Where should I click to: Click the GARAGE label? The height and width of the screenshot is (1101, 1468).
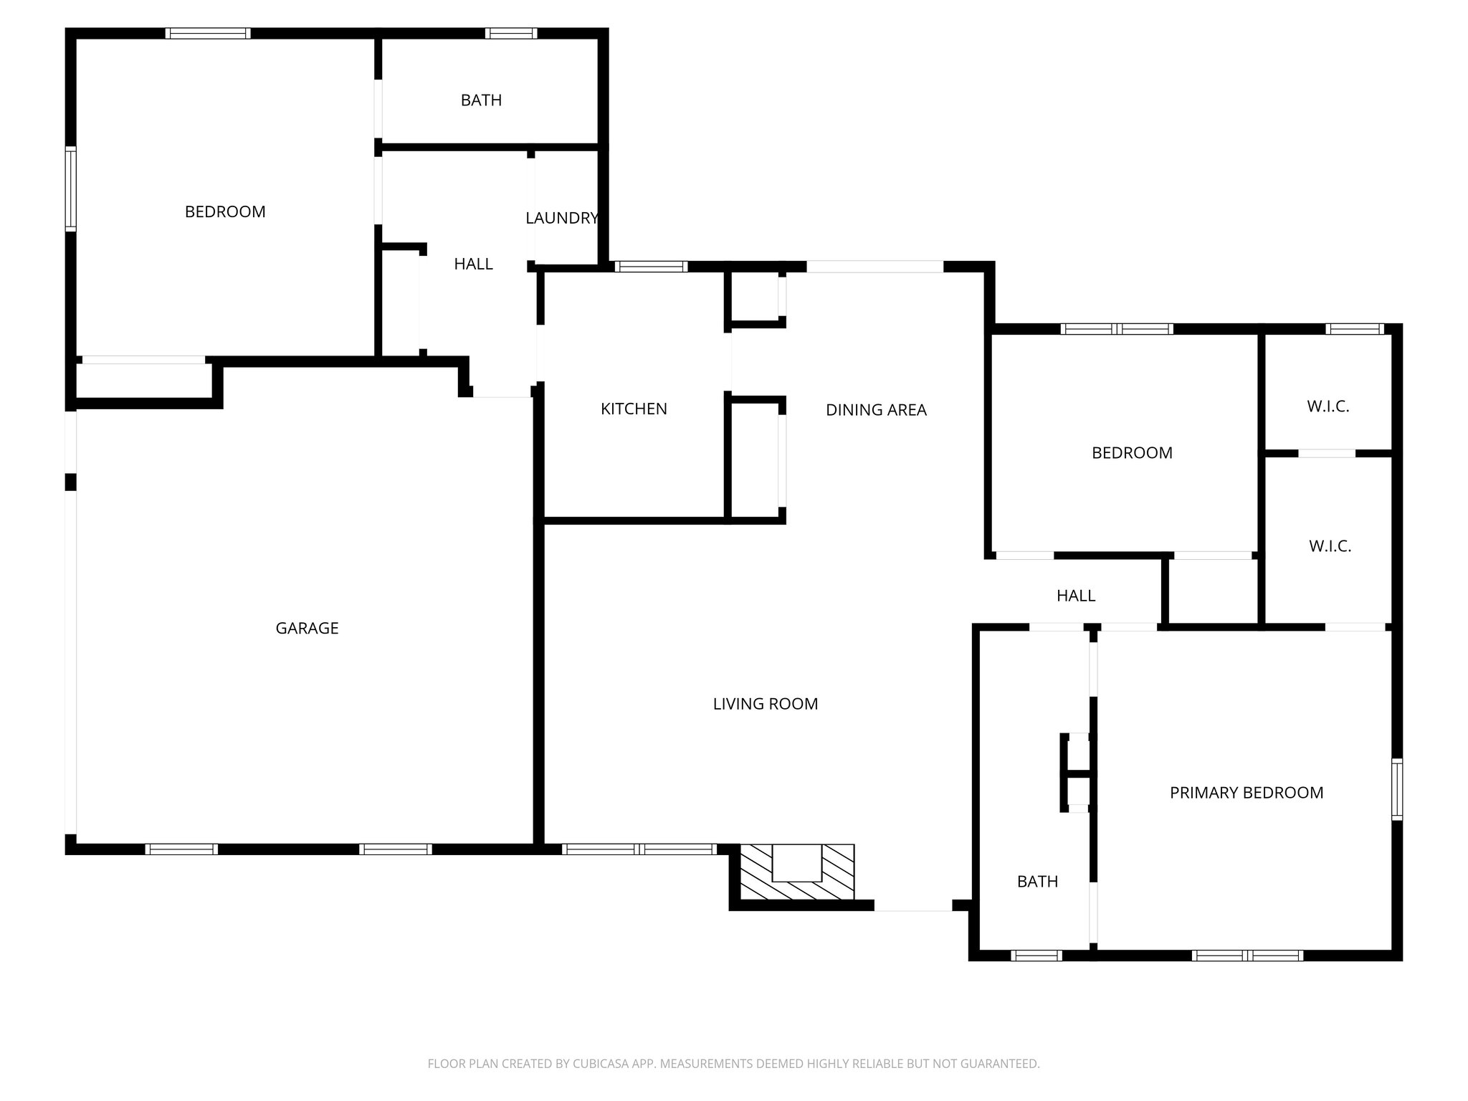tap(307, 628)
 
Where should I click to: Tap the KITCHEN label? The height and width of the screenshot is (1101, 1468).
tap(634, 409)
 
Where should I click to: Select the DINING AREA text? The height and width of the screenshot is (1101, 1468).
tap(876, 410)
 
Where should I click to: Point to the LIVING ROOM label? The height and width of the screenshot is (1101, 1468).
tap(765, 704)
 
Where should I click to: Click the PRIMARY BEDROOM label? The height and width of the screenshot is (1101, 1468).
tap(1246, 793)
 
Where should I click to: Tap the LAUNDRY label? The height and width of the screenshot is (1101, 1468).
tap(562, 218)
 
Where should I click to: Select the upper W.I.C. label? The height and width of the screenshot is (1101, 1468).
tap(1328, 406)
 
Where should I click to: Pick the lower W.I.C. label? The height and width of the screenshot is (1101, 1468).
tap(1330, 546)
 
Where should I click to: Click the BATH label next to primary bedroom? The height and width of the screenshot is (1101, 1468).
tap(1037, 882)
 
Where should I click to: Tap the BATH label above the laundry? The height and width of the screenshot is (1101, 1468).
tap(481, 100)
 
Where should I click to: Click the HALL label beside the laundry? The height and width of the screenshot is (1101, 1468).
tap(473, 264)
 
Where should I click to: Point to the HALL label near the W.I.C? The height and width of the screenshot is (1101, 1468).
tap(1075, 596)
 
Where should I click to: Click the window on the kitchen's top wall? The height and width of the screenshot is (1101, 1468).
tap(651, 267)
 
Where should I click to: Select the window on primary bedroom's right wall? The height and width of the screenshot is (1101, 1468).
tap(1397, 789)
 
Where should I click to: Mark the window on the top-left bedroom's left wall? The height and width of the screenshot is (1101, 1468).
tap(70, 189)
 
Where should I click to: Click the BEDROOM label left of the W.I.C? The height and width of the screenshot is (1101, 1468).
tap(1132, 453)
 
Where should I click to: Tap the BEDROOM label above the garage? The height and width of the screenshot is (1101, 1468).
tap(225, 211)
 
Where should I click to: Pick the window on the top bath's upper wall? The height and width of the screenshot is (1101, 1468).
tap(510, 33)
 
